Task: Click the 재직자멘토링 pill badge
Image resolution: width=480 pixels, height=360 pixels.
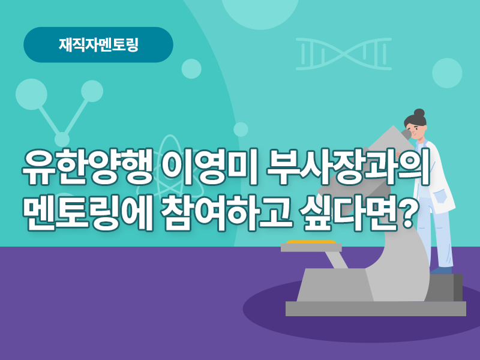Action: click(x=98, y=44)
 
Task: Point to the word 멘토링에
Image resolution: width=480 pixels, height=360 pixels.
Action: click(x=88, y=212)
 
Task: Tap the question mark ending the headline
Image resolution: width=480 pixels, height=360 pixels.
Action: click(x=407, y=212)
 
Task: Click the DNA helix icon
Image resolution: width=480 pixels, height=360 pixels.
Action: click(x=344, y=54)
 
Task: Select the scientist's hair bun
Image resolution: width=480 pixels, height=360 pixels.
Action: click(x=419, y=113)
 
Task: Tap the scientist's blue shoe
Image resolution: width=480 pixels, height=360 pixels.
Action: click(x=441, y=270)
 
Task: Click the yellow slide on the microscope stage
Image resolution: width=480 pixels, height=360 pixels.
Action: click(x=311, y=242)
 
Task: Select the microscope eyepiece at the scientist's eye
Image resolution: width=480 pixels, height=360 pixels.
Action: click(x=406, y=134)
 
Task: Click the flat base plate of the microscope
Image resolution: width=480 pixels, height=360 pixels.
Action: click(x=376, y=308)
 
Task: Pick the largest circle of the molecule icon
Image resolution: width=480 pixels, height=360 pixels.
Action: click(x=31, y=94)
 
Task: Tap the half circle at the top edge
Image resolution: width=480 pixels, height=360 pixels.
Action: click(x=260, y=14)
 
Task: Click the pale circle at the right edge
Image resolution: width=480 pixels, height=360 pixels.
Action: click(x=447, y=73)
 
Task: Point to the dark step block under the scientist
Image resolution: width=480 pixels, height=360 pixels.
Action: click(x=445, y=287)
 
